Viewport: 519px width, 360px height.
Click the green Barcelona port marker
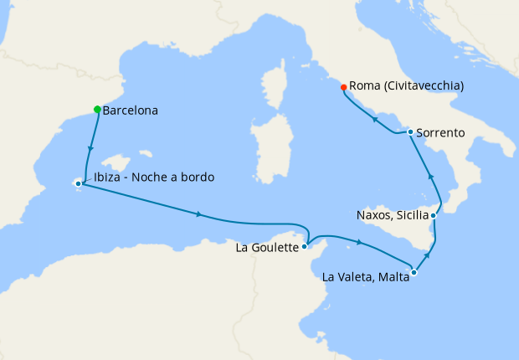tap(98, 110)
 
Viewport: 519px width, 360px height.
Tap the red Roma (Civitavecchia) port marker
tap(343, 87)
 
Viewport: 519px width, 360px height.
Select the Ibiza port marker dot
tap(78, 183)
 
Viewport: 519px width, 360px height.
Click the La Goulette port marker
tap(306, 247)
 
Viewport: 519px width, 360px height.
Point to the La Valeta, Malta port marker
tap(414, 272)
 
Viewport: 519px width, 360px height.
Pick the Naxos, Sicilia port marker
tap(434, 215)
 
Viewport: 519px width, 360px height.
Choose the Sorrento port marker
tap(409, 131)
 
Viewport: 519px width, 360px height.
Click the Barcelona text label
tap(130, 110)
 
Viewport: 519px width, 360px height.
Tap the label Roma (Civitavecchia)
tap(406, 86)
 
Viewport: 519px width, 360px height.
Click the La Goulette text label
tap(268, 248)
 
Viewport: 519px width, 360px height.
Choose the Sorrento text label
tap(442, 132)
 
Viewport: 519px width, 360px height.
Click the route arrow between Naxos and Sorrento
tap(430, 176)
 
